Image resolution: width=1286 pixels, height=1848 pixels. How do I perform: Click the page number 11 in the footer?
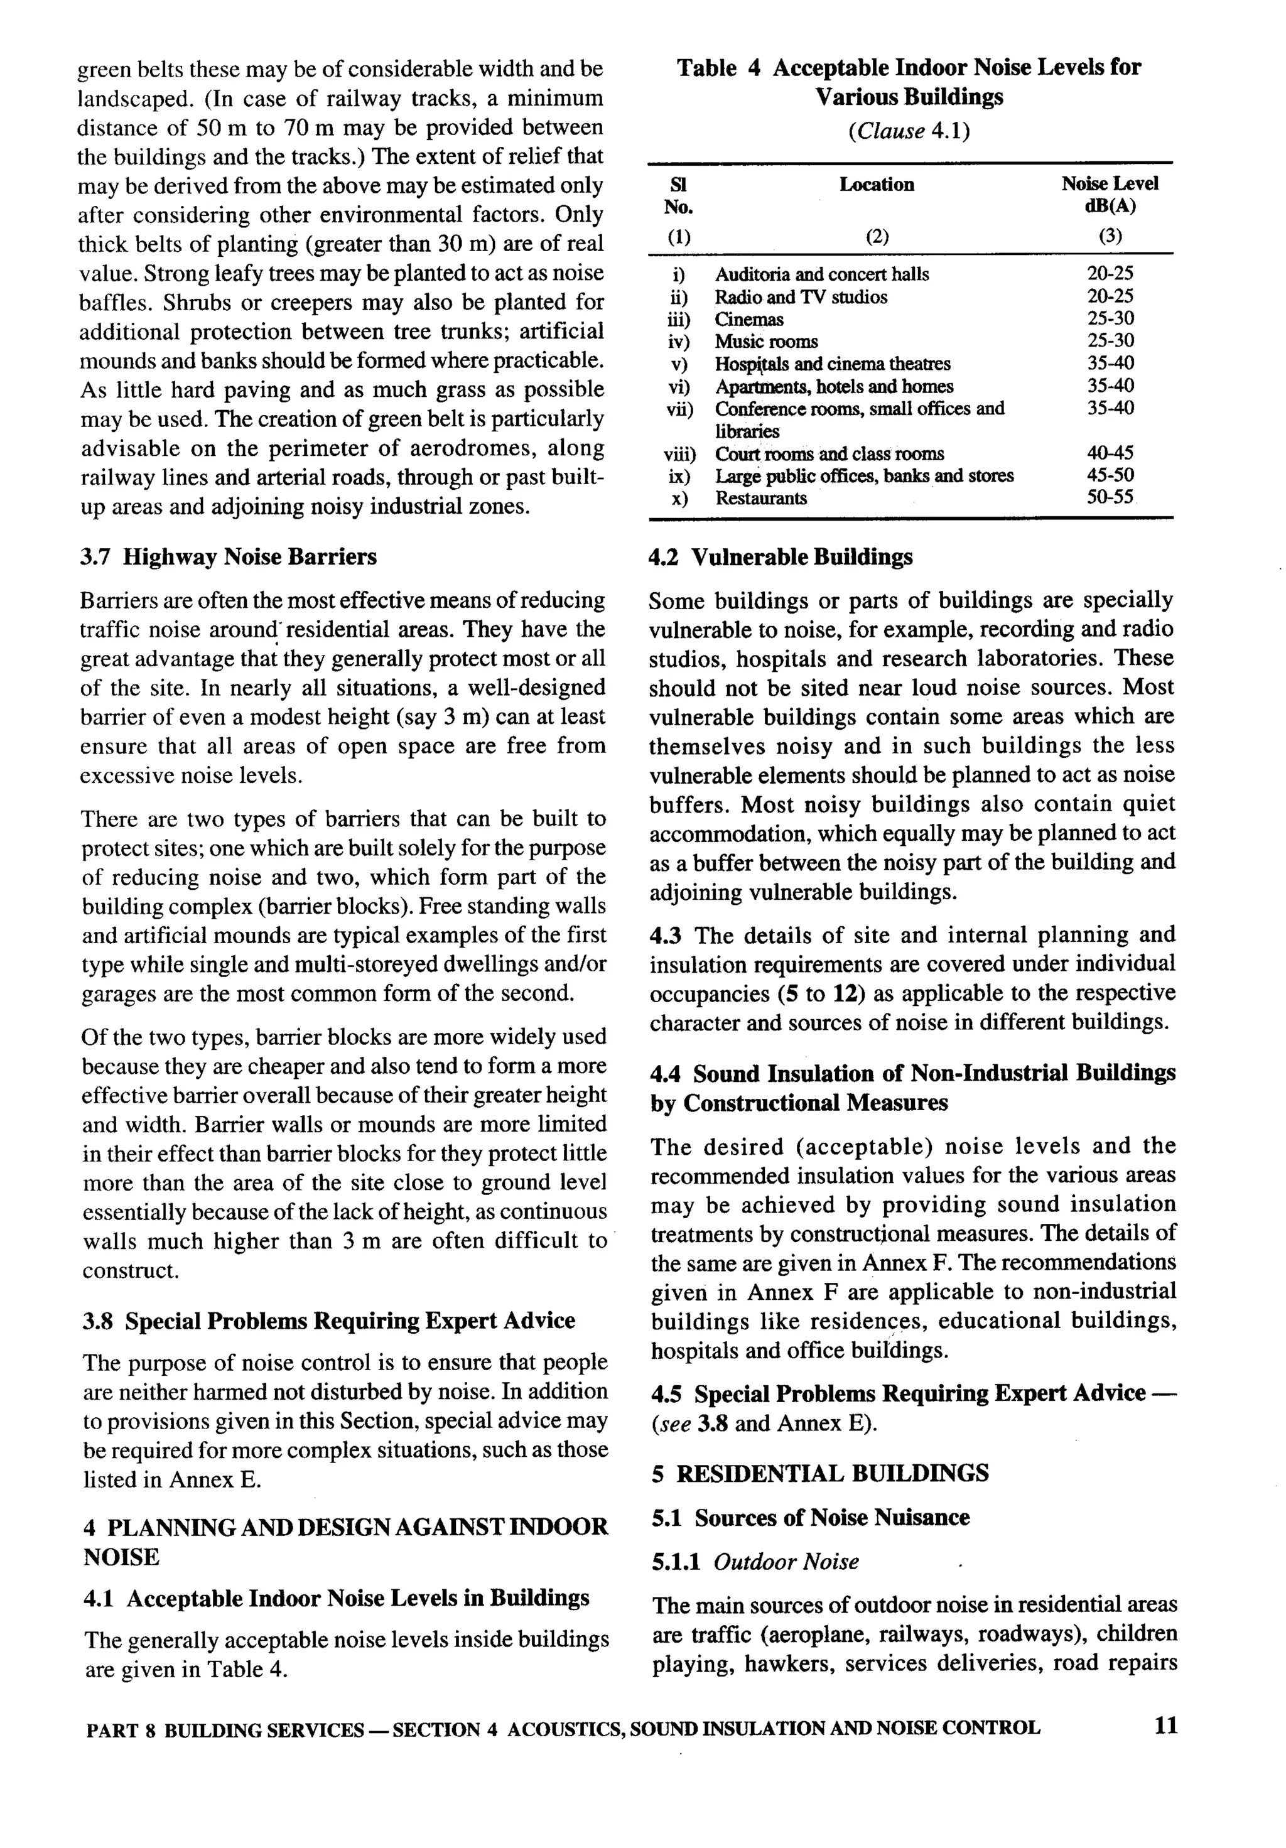[x=1164, y=1726]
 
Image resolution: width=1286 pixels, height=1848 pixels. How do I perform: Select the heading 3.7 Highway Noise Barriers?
[x=229, y=557]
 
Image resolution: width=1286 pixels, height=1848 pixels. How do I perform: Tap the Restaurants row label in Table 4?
[x=760, y=498]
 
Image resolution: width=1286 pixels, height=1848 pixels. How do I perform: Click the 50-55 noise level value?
[x=1110, y=498]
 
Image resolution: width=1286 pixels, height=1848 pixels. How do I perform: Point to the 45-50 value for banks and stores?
[x=1110, y=476]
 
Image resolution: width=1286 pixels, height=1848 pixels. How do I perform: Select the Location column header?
[x=877, y=185]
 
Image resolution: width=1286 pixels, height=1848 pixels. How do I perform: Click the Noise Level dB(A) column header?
[x=1110, y=195]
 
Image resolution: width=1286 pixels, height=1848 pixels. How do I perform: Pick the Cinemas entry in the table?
[x=748, y=320]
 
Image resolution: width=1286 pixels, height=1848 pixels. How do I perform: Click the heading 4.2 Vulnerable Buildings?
[x=781, y=557]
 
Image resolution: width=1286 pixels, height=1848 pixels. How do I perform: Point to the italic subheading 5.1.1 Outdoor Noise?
[x=755, y=1562]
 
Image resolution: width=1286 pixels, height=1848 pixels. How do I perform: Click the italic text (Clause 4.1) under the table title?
[x=909, y=131]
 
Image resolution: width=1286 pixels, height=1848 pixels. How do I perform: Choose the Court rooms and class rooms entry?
[x=829, y=454]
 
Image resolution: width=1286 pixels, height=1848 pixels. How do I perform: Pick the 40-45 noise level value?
[x=1110, y=453]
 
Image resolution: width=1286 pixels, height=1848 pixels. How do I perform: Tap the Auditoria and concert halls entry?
[x=822, y=274]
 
